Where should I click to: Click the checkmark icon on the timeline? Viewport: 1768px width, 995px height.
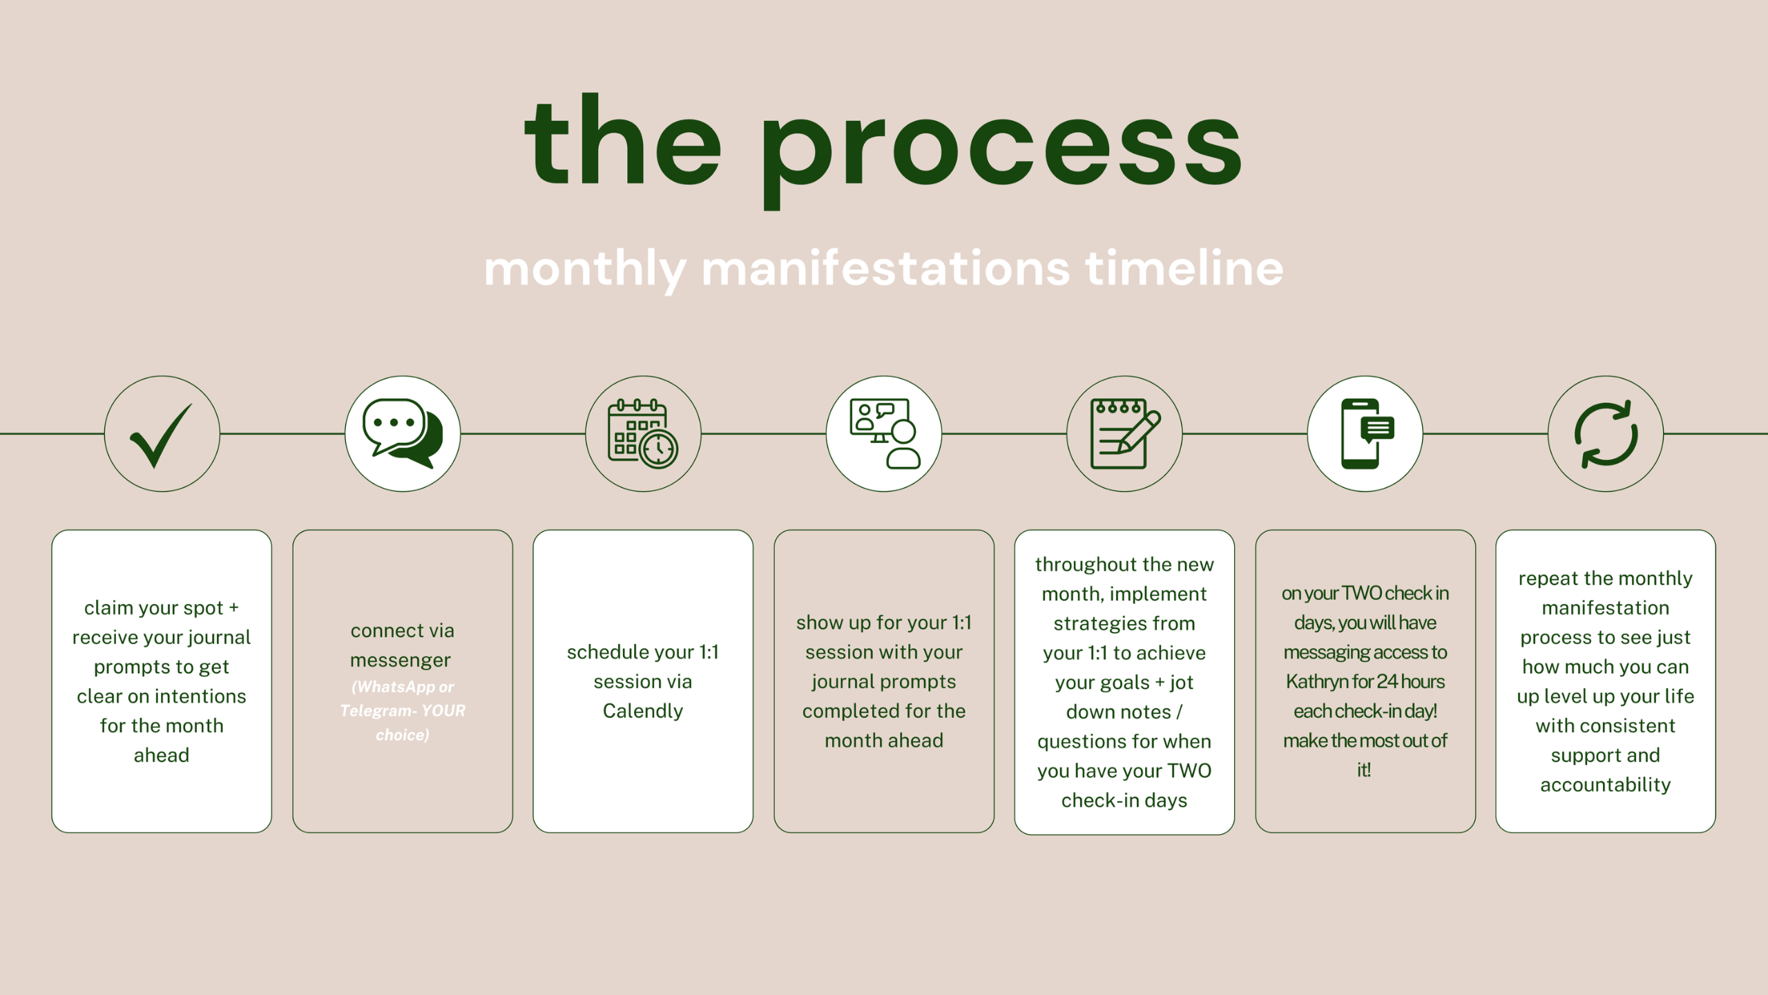pos(162,435)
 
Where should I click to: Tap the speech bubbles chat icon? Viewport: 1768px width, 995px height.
pos(403,434)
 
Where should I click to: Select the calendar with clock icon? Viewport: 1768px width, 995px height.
pos(643,434)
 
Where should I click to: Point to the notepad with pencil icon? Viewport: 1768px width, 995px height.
pos(1125,434)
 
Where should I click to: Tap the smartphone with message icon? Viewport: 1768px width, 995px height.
pos(1367,434)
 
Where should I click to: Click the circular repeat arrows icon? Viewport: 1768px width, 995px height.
pos(1606,434)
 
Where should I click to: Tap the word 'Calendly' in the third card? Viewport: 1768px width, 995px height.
pos(643,711)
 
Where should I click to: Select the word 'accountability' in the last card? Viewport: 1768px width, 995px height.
pos(1606,785)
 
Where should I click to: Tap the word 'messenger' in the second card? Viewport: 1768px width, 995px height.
pos(401,661)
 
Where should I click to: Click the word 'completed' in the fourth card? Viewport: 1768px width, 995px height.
pos(849,711)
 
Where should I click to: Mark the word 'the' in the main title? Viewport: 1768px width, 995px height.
pos(623,142)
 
